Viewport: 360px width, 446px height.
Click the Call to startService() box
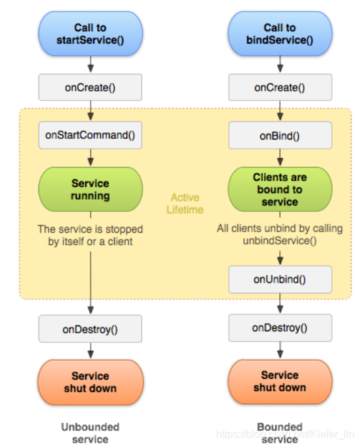tap(91, 33)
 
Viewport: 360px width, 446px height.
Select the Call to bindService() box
tap(280, 33)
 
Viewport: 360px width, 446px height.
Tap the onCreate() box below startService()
tap(90, 87)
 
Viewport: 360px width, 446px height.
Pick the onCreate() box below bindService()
tap(280, 87)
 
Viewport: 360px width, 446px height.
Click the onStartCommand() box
tap(90, 135)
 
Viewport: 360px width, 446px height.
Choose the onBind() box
tap(280, 136)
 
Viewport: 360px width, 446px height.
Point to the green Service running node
tap(91, 189)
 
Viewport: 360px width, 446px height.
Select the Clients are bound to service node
tap(280, 189)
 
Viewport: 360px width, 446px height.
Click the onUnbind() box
tap(280, 279)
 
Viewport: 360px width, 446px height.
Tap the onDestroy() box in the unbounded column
tap(90, 329)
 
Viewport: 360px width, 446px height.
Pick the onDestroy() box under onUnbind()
tap(280, 328)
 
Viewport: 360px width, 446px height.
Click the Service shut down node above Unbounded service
tap(91, 382)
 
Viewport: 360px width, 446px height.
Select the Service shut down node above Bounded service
tap(280, 381)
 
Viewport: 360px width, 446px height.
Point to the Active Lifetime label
tap(185, 203)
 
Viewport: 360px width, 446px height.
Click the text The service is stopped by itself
tap(90, 235)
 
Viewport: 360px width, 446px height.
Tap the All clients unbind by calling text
tap(280, 228)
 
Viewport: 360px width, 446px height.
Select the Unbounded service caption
tap(90, 433)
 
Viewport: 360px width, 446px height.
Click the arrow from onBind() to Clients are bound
tap(280, 157)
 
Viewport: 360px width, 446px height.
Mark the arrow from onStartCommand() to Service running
tap(91, 157)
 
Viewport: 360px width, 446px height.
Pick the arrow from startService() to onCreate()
tap(91, 65)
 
